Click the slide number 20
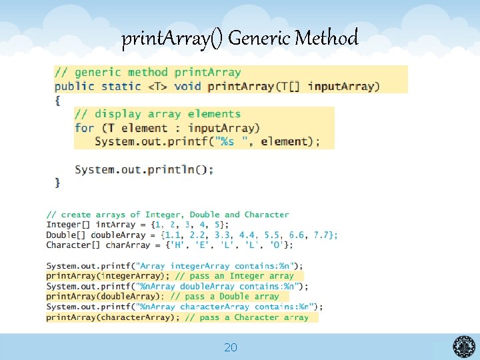point(231,347)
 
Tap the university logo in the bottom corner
point(464,347)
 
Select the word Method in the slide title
point(327,39)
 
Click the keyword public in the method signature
point(75,86)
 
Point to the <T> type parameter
point(157,86)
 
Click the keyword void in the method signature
point(187,86)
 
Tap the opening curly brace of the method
point(58,100)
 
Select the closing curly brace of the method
point(58,181)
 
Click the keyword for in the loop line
point(84,128)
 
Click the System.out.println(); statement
point(144,170)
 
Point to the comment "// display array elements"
point(157,114)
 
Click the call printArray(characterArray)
point(111,318)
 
